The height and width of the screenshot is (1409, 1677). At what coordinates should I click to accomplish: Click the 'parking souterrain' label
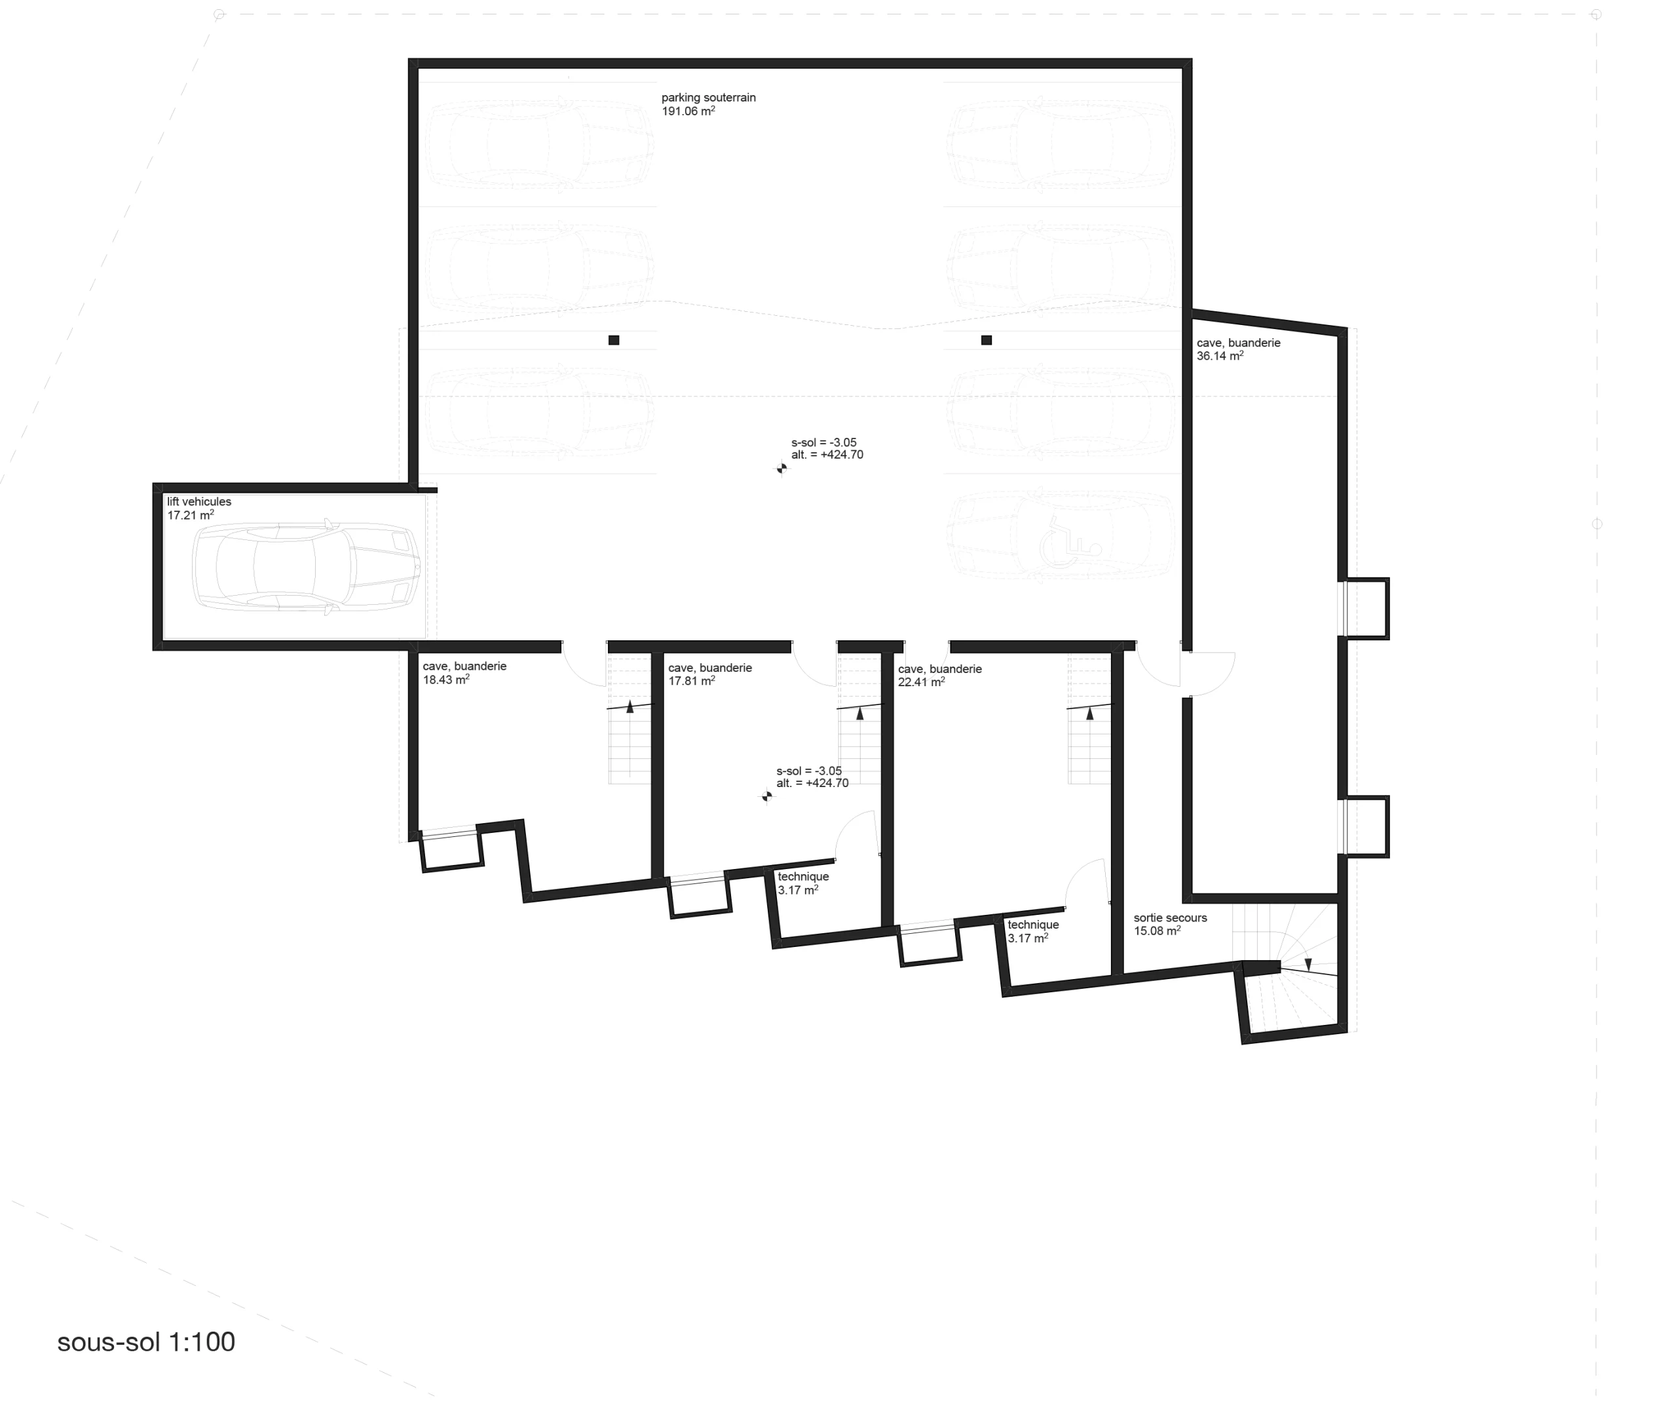click(x=708, y=98)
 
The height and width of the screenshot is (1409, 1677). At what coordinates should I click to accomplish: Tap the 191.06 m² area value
click(x=688, y=111)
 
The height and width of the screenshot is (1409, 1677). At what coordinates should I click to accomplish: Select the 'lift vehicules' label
click(x=199, y=501)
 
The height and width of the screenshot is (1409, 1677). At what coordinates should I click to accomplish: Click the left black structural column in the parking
click(x=614, y=340)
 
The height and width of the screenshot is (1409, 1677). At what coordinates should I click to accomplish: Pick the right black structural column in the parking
click(x=987, y=340)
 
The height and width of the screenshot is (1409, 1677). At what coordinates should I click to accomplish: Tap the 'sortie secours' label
click(x=1170, y=917)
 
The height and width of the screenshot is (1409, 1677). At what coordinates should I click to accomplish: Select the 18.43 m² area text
click(x=445, y=680)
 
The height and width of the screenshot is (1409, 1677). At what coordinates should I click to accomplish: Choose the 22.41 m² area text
click(x=922, y=682)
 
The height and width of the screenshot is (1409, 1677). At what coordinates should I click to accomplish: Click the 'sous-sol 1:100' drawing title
click(x=146, y=1342)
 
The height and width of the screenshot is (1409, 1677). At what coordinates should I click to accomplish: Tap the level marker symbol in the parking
click(x=782, y=469)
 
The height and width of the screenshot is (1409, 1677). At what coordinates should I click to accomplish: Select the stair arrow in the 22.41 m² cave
click(x=1090, y=714)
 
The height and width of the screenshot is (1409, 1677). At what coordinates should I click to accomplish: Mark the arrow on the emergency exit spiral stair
click(x=1308, y=965)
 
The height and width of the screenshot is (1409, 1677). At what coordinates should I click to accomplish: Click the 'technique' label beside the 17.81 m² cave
click(x=803, y=876)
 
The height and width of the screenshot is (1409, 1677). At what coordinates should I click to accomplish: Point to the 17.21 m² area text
click(x=190, y=515)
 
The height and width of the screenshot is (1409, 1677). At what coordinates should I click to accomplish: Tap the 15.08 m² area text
click(x=1157, y=931)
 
